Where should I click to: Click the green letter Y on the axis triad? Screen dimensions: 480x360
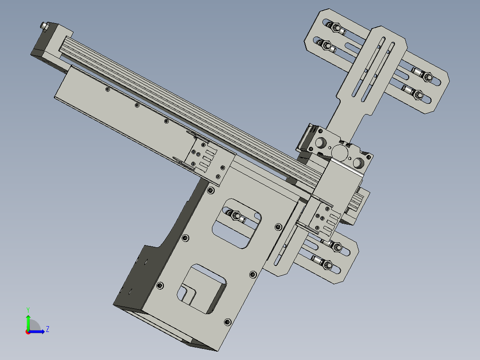(28, 310)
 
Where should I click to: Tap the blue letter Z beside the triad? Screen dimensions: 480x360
(48, 329)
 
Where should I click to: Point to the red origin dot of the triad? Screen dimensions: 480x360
(28, 332)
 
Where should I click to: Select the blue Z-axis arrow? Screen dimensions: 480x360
(37, 331)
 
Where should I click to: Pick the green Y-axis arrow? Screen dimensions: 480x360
(28, 322)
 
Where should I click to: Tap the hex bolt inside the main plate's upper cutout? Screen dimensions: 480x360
(236, 216)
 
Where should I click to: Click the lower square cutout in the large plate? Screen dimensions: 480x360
(202, 289)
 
